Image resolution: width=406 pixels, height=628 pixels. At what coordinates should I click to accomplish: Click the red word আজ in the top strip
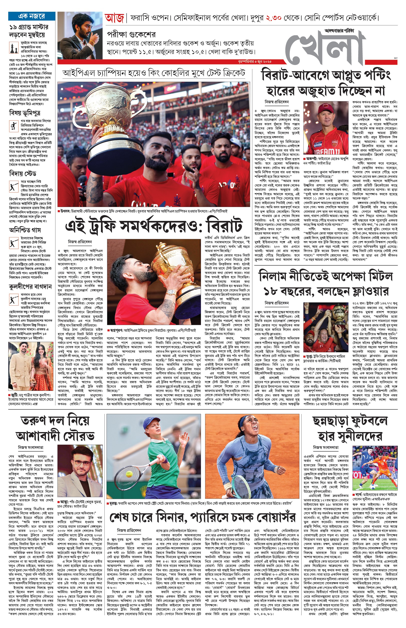[x=114, y=18]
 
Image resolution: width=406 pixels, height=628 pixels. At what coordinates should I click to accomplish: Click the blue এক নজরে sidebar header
[x=32, y=16]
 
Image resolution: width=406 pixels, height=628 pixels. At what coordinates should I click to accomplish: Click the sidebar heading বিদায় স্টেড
[x=23, y=174]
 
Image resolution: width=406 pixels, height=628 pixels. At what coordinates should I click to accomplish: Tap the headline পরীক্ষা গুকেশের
[x=131, y=34]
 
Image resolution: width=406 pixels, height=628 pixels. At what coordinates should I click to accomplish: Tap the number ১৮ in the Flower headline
[x=271, y=292]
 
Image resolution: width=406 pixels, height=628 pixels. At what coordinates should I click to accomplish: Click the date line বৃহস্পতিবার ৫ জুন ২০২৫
[x=254, y=62]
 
